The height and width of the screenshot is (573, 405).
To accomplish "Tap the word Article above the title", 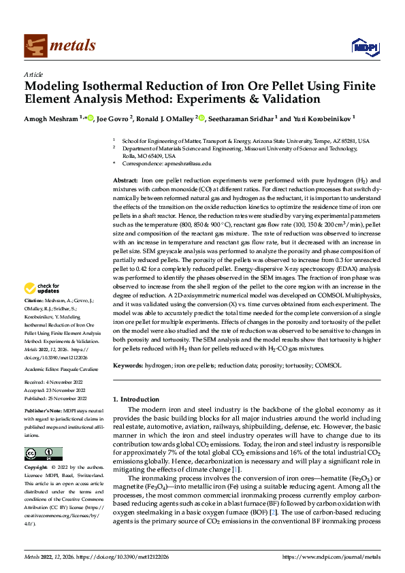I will coord(33,74).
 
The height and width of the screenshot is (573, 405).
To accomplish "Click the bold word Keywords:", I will coord(127,365).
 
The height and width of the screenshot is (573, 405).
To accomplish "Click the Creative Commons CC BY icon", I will coord(43,454).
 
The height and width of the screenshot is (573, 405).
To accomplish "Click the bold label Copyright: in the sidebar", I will coord(36,468).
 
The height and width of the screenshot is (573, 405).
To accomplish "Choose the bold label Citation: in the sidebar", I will coord(33,319).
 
